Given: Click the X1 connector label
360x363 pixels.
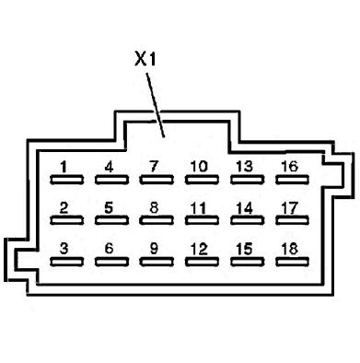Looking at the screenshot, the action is click(x=145, y=59).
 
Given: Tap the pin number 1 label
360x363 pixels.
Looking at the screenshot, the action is click(x=64, y=167).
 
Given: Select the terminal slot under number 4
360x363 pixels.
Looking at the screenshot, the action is click(x=111, y=180).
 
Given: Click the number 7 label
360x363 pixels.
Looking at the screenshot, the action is click(x=154, y=167).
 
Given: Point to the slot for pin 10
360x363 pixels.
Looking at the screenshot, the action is click(x=202, y=180).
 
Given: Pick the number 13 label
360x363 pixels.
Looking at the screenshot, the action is click(x=245, y=167).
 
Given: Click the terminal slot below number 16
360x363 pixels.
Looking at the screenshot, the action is click(x=292, y=180).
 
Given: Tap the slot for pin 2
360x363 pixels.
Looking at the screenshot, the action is click(x=66, y=220).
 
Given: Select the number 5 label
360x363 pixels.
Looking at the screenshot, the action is click(x=109, y=208).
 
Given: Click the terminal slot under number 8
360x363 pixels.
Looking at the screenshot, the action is click(x=157, y=220).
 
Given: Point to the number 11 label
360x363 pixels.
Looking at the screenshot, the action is click(x=198, y=208).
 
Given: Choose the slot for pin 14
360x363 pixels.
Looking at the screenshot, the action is click(x=247, y=220).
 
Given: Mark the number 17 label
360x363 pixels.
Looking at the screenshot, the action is click(x=290, y=208).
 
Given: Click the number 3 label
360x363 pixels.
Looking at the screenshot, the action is click(x=64, y=249).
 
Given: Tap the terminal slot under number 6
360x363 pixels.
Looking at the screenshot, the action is click(x=111, y=262).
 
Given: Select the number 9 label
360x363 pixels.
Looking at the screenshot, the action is click(x=154, y=249).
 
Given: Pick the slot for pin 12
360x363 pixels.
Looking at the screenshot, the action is click(x=202, y=262).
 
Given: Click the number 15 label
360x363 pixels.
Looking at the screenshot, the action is click(x=245, y=249).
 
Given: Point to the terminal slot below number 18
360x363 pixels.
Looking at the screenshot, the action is click(x=292, y=262).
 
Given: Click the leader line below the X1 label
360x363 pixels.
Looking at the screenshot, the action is click(x=156, y=105).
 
